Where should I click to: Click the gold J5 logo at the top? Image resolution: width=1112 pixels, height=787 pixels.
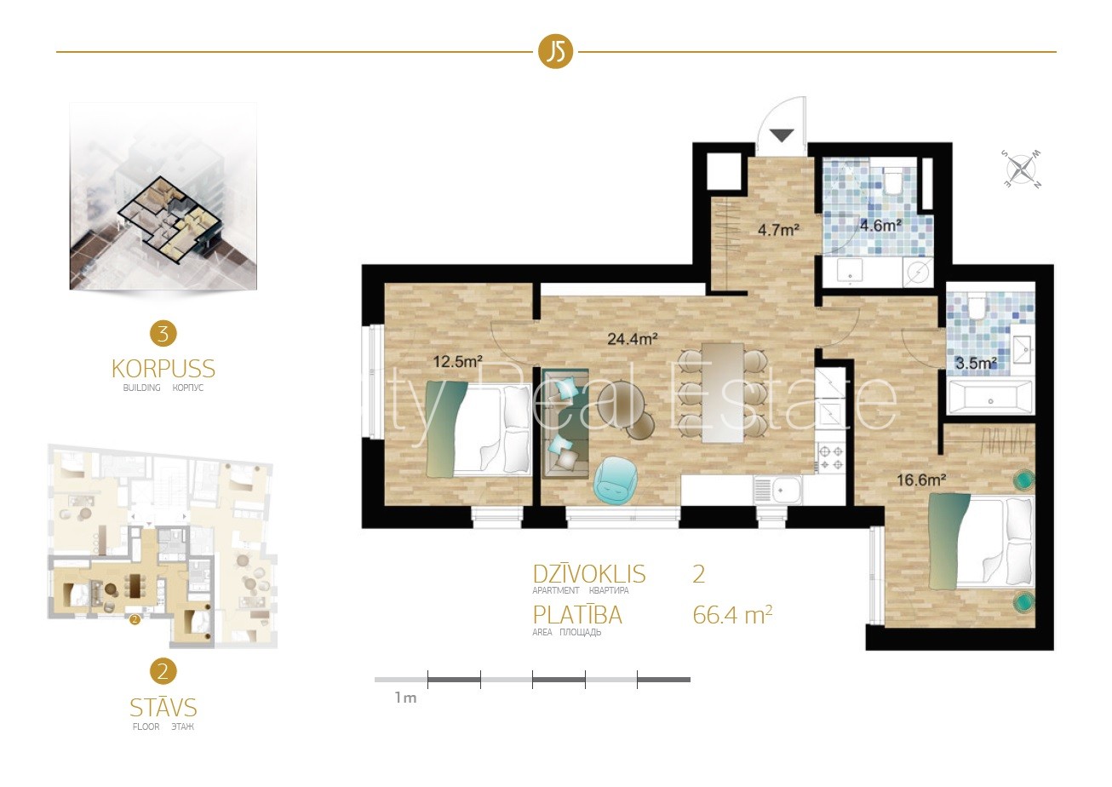pyautogui.click(x=555, y=52)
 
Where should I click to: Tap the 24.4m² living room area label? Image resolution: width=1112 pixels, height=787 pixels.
pyautogui.click(x=633, y=339)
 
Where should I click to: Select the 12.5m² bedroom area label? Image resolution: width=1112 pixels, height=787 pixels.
pyautogui.click(x=458, y=361)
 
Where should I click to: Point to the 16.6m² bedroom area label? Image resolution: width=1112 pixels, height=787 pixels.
pyautogui.click(x=921, y=480)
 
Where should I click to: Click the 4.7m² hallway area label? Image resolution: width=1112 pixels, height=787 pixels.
pyautogui.click(x=778, y=230)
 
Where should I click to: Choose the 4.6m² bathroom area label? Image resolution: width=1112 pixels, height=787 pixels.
pyautogui.click(x=880, y=226)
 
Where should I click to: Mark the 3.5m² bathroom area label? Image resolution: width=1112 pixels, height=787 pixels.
pyautogui.click(x=976, y=363)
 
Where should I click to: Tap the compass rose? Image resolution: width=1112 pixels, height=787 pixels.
pyautogui.click(x=1021, y=169)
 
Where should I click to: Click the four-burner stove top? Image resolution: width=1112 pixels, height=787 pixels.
pyautogui.click(x=831, y=457)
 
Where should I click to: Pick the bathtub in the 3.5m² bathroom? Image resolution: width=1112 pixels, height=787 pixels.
pyautogui.click(x=990, y=398)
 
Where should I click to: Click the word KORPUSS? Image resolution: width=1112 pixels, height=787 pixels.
pyautogui.click(x=163, y=369)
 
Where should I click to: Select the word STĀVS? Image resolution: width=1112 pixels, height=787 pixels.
pyautogui.click(x=163, y=708)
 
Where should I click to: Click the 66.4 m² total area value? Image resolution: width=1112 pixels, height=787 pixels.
pyautogui.click(x=732, y=616)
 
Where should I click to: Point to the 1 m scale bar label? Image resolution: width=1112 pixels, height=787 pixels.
pyautogui.click(x=405, y=698)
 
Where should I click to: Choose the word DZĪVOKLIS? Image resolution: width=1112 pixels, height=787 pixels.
pyautogui.click(x=588, y=574)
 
